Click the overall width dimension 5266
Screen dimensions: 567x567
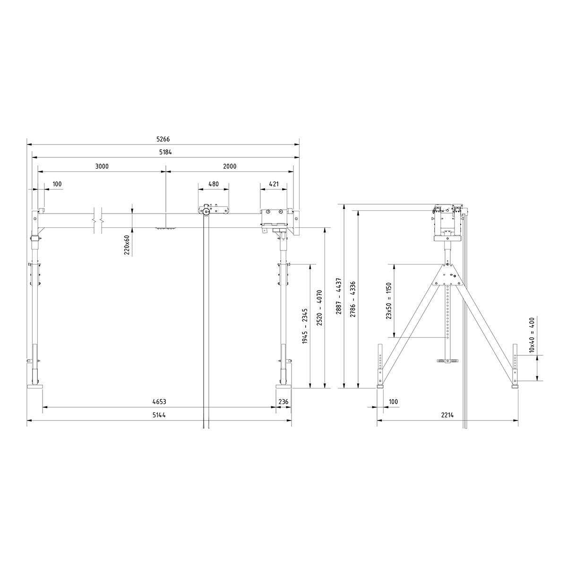[163, 139]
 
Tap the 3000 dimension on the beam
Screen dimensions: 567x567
[102, 166]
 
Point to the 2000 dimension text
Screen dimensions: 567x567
[230, 166]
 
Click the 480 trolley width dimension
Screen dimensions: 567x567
[214, 184]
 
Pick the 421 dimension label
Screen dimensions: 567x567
[274, 184]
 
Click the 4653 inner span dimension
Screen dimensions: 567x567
[159, 402]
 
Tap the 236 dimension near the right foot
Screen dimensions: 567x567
[283, 402]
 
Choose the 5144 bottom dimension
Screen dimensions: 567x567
[159, 415]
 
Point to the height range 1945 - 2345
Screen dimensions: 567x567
[305, 326]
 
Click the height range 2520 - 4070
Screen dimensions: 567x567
[320, 308]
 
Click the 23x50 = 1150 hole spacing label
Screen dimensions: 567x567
[389, 301]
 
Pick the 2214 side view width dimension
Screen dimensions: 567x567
[447, 415]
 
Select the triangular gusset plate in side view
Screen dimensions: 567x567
[447, 275]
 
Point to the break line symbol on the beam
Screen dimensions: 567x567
[98, 220]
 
